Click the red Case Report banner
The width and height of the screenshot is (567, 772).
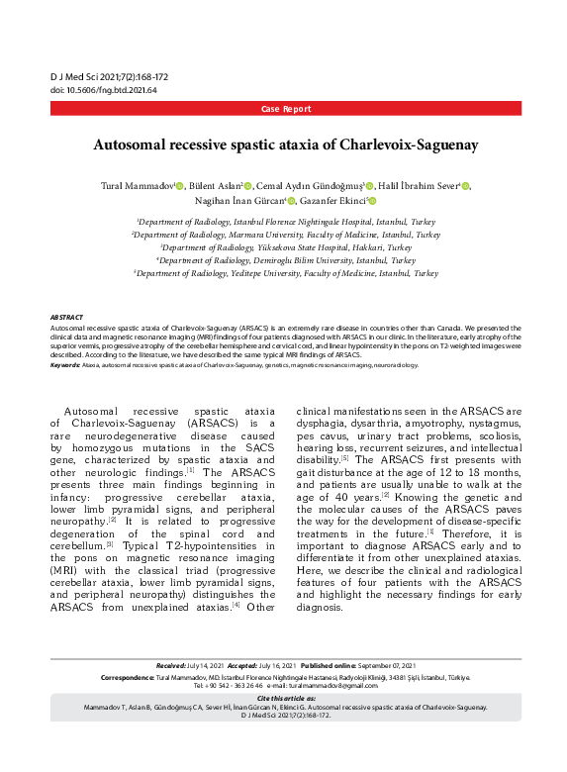tap(284, 108)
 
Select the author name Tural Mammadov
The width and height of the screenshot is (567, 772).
tap(137, 186)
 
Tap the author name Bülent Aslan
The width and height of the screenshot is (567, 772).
tap(216, 186)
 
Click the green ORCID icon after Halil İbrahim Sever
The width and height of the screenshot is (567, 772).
tap(466, 186)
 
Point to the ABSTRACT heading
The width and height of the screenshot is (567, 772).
tap(68, 317)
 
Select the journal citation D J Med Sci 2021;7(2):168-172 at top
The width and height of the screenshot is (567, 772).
tap(109, 76)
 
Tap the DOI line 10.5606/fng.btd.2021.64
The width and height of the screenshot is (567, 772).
tap(103, 89)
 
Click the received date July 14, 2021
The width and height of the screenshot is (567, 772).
tap(205, 665)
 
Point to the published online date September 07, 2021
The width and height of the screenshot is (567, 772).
tap(381, 665)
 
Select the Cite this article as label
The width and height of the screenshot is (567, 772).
tap(283, 699)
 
